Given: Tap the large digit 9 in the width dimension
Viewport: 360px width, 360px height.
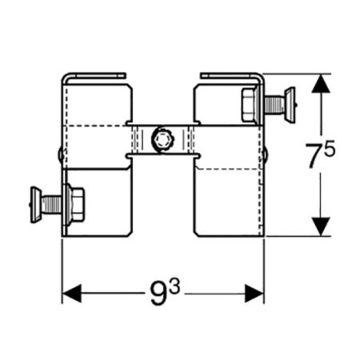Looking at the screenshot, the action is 159,294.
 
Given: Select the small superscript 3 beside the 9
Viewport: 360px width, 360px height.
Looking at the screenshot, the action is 174,287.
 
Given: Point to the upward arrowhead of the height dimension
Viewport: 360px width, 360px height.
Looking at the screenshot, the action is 322,83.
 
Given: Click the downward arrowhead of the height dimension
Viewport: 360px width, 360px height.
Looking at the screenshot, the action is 322,226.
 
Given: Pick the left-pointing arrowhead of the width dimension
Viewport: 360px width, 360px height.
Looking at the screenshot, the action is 71,294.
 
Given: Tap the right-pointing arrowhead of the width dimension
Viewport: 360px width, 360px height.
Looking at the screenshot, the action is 254,294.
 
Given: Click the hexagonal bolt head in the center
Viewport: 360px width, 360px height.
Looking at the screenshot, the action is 162,139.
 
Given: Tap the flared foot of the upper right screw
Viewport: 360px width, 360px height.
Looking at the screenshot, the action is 290,105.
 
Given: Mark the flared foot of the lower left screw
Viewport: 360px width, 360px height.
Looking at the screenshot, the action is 35,205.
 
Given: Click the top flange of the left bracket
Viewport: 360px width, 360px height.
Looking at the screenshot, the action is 94,75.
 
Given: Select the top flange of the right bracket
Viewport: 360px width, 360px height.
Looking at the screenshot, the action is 231,75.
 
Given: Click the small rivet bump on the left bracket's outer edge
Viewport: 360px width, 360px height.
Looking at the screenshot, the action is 59,154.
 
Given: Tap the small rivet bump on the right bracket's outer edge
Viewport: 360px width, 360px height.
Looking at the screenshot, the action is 266,154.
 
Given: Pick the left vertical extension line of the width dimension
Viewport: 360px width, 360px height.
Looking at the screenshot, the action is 62,271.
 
